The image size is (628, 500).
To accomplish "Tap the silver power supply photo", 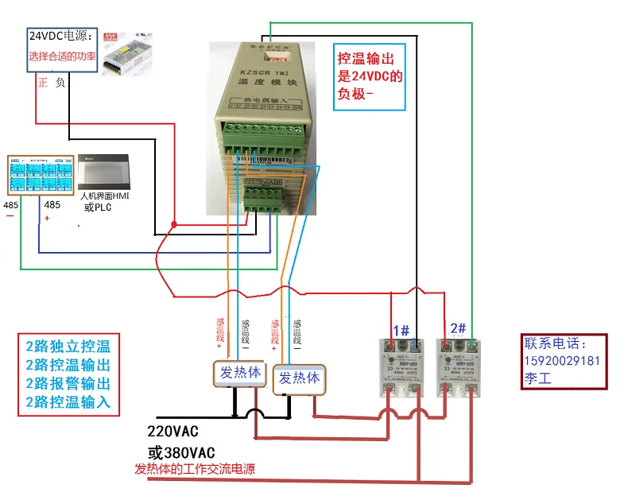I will coord(128,53).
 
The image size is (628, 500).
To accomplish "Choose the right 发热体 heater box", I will coord(299,378).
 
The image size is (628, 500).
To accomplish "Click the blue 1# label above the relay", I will coord(401,329).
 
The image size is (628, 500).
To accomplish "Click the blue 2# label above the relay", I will coord(458,328).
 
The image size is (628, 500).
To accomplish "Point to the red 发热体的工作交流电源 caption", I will coord(195,469).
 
